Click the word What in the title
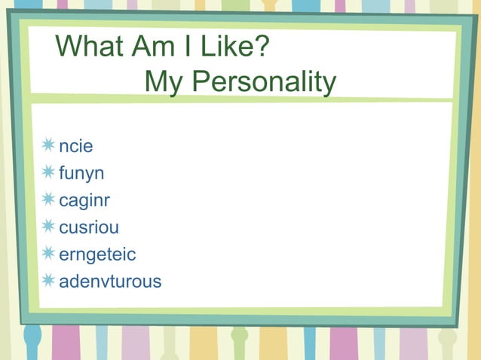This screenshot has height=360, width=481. coord(90,48)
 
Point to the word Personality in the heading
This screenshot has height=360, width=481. coord(260,82)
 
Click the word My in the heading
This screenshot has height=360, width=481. coord(161,82)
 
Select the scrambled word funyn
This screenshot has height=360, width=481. coord(81,173)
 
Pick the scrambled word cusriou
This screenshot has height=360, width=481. coord(88,227)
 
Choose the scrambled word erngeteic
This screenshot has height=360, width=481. coord(97,255)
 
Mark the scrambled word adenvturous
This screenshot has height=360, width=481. coord(109,282)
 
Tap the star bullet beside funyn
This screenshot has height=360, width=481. coord(49,172)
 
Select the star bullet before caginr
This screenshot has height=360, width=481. coord(49,200)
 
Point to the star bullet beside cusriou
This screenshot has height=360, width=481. coord(49,227)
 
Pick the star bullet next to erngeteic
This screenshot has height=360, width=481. coord(49,254)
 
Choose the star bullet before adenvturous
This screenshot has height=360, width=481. coord(49,281)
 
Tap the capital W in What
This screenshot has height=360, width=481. coord(71,48)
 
